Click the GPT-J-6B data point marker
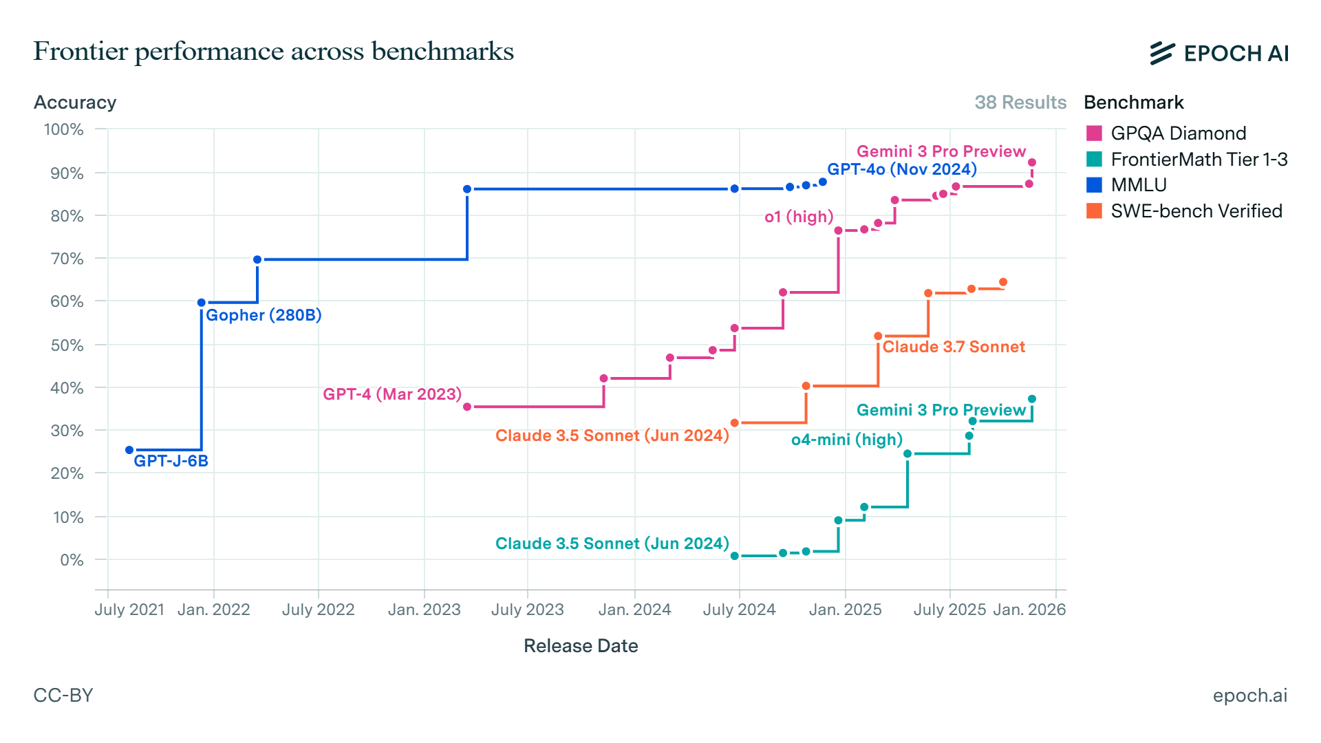(x=129, y=450)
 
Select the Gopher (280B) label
(x=264, y=315)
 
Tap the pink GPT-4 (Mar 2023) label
(x=392, y=394)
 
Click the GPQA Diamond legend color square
(x=1094, y=133)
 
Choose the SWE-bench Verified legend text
(x=1196, y=211)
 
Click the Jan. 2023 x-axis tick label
(x=424, y=610)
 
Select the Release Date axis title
(x=581, y=646)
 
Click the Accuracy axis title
(x=75, y=103)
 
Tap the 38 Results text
(x=1020, y=103)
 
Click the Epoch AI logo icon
(x=1162, y=53)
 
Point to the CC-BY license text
(x=63, y=696)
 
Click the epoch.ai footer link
(x=1249, y=696)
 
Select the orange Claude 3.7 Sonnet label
(x=954, y=347)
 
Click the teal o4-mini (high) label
(x=846, y=440)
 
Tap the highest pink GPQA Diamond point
(x=1031, y=163)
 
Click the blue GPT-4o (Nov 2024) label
(x=901, y=169)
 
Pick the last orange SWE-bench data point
(x=1003, y=282)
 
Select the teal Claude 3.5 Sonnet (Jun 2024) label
(x=612, y=543)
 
